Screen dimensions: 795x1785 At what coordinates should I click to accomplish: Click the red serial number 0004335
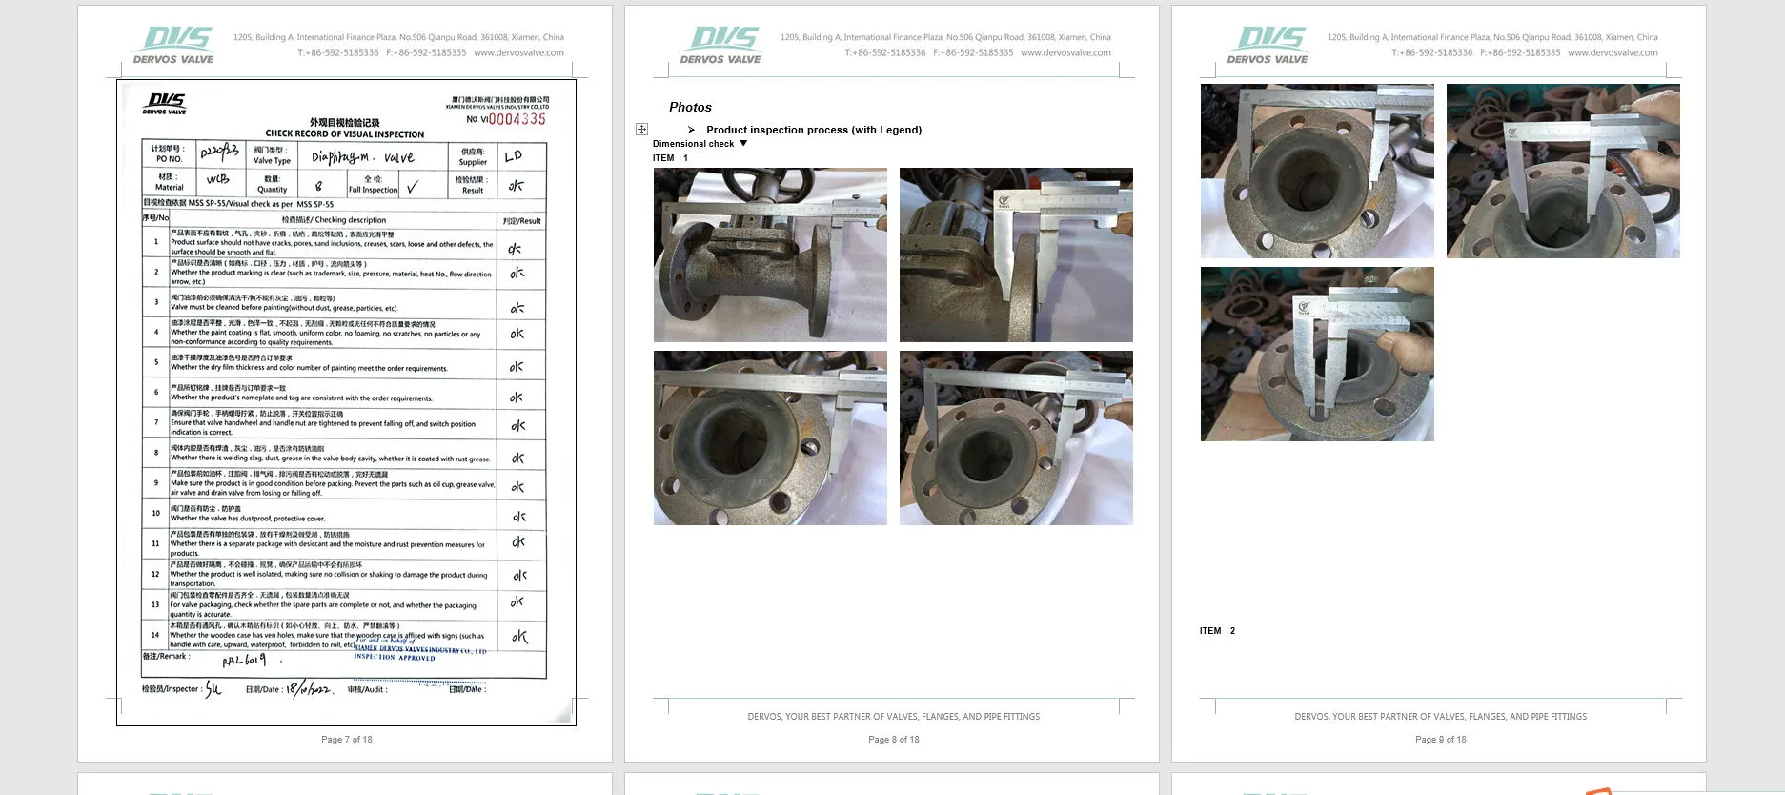[517, 119]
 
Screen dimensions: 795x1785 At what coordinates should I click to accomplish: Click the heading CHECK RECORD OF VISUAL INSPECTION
[344, 134]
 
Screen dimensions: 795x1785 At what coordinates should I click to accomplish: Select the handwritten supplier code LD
[514, 156]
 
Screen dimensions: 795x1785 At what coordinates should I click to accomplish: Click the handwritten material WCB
[217, 179]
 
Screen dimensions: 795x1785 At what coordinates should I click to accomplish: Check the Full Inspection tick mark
[412, 187]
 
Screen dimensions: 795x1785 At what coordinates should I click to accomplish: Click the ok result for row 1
[515, 249]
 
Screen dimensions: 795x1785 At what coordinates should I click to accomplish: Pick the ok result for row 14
[518, 636]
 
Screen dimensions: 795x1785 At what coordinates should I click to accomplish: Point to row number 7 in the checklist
[156, 422]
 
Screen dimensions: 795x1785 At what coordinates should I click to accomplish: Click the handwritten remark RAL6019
[244, 660]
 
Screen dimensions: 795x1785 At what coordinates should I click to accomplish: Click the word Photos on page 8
[690, 108]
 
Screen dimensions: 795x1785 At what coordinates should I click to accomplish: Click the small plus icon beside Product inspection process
[641, 129]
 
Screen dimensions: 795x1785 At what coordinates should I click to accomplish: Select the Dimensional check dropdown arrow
[743, 144]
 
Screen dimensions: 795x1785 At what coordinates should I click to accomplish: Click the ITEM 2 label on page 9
[1217, 631]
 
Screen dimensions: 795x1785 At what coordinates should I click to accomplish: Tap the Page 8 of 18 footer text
[893, 740]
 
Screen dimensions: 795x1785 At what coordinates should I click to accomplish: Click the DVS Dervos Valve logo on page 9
[1268, 45]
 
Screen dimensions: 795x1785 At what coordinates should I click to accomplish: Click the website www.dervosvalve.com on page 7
[518, 53]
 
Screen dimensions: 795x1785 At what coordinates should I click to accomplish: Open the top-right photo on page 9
[1563, 171]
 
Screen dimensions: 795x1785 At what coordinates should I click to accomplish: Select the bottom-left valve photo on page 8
[770, 438]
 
